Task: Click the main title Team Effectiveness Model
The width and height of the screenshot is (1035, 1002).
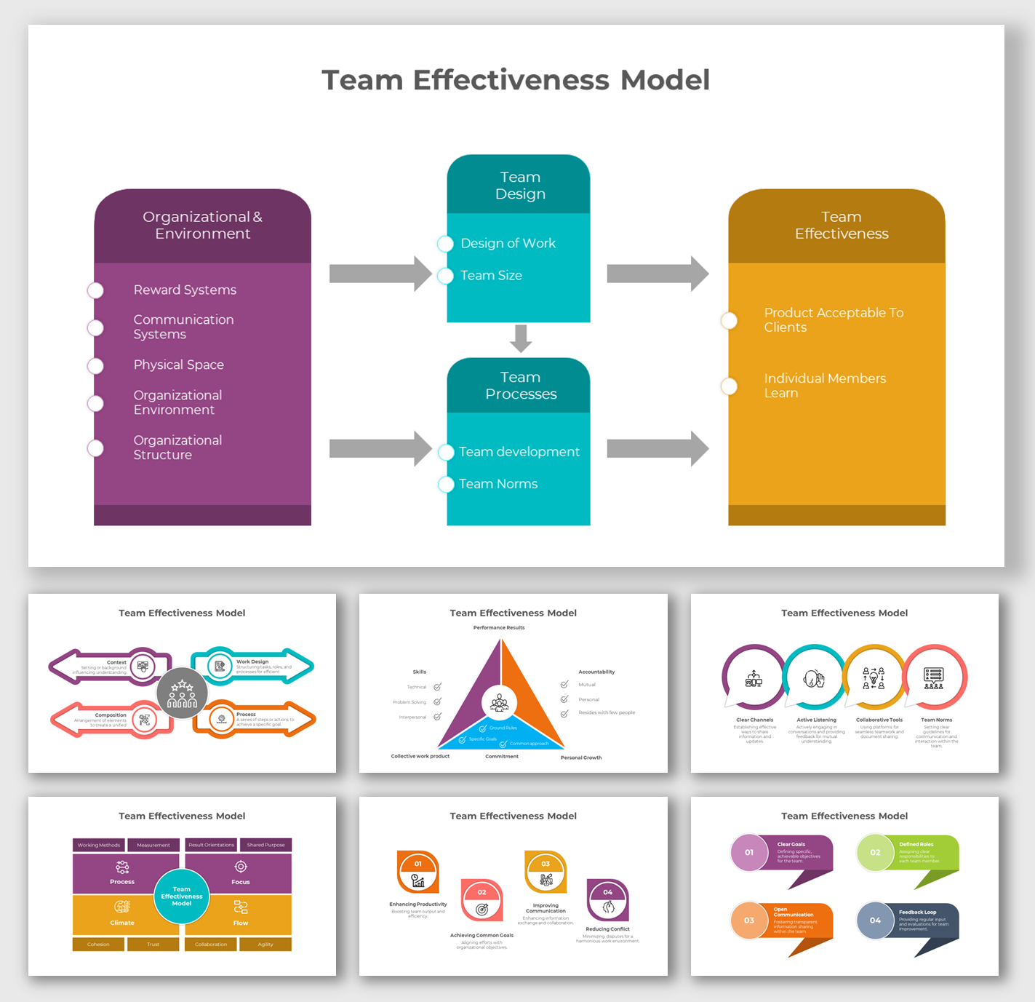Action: click(x=516, y=80)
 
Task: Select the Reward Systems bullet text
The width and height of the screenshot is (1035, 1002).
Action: click(x=185, y=290)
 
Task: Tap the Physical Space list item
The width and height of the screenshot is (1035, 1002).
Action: click(x=178, y=365)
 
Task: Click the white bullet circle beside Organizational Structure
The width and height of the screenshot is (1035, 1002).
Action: click(x=95, y=448)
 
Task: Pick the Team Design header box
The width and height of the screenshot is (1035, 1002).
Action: click(x=519, y=186)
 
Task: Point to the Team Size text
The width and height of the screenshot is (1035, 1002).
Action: click(x=491, y=276)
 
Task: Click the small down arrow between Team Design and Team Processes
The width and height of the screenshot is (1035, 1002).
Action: click(x=521, y=338)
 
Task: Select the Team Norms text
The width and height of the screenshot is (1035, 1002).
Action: click(x=498, y=484)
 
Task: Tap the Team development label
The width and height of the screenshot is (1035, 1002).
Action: click(x=519, y=452)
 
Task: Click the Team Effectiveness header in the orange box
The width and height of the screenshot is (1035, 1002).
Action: click(x=841, y=226)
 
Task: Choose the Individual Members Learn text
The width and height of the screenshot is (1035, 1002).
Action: click(x=825, y=386)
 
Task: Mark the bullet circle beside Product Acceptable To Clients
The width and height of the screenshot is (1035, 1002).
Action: click(x=730, y=321)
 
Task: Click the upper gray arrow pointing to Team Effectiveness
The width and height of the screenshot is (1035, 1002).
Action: click(x=657, y=274)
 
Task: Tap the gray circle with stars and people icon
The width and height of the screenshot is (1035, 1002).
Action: click(x=182, y=694)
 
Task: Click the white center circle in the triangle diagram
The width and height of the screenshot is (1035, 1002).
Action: click(x=500, y=703)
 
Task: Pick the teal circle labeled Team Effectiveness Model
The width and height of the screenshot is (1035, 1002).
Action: click(x=182, y=896)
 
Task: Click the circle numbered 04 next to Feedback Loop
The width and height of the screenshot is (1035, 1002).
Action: click(x=875, y=921)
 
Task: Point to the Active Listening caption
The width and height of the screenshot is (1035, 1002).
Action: click(x=816, y=720)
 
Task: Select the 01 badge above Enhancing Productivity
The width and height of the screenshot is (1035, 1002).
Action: click(x=418, y=864)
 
